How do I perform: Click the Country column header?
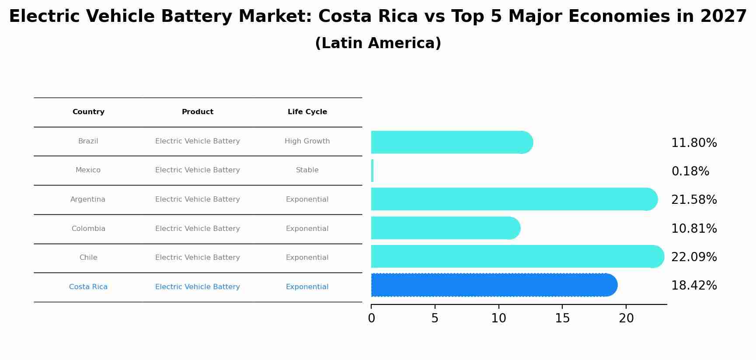click(x=88, y=112)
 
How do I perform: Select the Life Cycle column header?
click(x=307, y=112)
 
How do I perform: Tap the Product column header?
click(x=198, y=112)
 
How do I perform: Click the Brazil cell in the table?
click(x=88, y=141)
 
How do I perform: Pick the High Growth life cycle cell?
click(x=307, y=141)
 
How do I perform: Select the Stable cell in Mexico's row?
click(x=307, y=170)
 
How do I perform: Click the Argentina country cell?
click(x=88, y=199)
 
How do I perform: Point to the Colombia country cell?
click(x=88, y=229)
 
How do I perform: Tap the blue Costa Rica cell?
click(x=88, y=287)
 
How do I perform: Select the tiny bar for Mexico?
click(x=372, y=171)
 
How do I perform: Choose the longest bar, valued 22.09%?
click(x=516, y=256)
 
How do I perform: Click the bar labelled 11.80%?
click(x=450, y=142)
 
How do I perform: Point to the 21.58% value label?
click(x=694, y=200)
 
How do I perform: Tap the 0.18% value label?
click(x=690, y=171)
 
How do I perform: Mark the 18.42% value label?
click(x=694, y=286)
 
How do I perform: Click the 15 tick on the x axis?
click(x=562, y=318)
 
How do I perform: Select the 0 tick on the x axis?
click(x=371, y=318)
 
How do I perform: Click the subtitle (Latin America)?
click(x=378, y=43)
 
